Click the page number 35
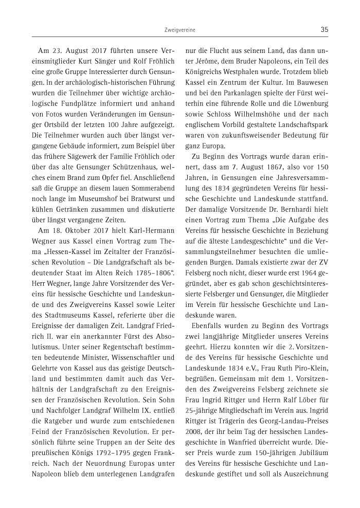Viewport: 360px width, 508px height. tap(324, 29)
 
